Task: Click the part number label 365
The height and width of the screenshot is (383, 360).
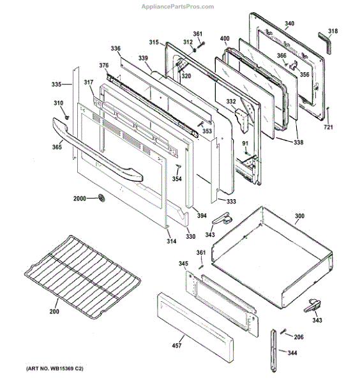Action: click(57, 147)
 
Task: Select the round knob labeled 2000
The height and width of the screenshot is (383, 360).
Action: click(101, 198)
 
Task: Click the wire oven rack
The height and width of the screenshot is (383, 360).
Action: click(82, 277)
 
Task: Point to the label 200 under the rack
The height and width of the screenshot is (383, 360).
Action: click(54, 312)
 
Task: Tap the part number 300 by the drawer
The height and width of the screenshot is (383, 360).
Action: click(299, 216)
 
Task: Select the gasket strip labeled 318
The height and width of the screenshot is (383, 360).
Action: click(325, 43)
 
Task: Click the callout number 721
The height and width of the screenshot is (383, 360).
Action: click(328, 127)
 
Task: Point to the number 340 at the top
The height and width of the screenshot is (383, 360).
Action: click(289, 24)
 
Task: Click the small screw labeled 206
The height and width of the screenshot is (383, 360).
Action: click(283, 332)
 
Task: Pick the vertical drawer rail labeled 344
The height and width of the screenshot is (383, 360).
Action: click(273, 350)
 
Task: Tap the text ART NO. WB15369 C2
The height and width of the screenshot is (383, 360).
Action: click(55, 368)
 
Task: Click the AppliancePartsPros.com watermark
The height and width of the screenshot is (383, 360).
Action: click(178, 6)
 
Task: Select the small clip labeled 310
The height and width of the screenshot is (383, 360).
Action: click(66, 117)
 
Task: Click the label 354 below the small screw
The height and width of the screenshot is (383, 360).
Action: click(177, 179)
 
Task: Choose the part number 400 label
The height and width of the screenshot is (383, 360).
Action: click(225, 38)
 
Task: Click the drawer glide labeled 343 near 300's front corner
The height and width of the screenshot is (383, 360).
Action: click(222, 218)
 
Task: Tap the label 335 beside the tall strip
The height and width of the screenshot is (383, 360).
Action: click(56, 84)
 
